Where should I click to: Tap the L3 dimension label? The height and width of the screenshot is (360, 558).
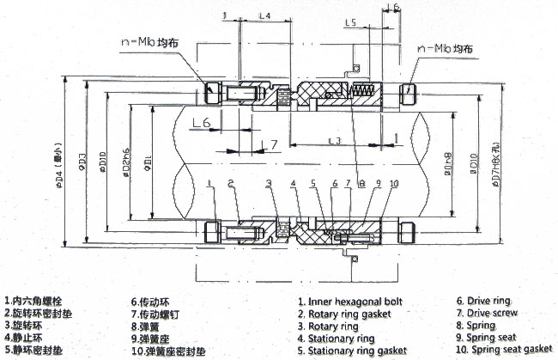pos(334,139)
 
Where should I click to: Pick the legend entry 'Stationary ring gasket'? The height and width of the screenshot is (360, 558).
pos(352,351)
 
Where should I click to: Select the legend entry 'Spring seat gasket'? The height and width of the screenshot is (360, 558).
pos(503,351)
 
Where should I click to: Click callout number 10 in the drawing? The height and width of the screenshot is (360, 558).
pos(394,184)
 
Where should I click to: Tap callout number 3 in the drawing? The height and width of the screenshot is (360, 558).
pos(268,183)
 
